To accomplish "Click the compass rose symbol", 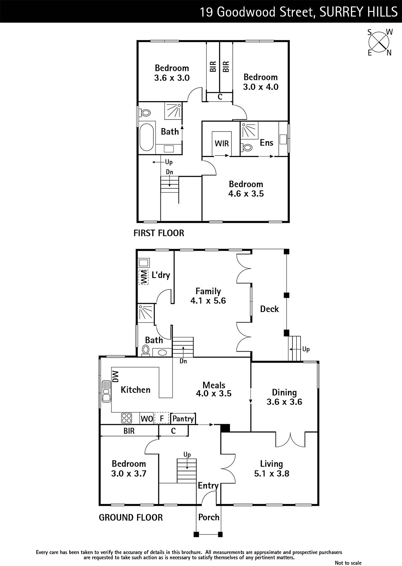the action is click(379, 42).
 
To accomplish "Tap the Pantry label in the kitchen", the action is click(183, 419).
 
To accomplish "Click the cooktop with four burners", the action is click(126, 418).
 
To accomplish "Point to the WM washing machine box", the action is click(143, 277).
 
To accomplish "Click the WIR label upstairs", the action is click(221, 144).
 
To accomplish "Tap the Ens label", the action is click(266, 143).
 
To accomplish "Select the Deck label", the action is click(269, 309).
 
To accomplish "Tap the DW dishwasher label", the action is click(115, 376).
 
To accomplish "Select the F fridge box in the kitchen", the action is click(161, 418).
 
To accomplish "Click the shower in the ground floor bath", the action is click(146, 313).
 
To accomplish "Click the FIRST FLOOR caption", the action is click(159, 233).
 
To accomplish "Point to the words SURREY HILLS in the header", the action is click(358, 12).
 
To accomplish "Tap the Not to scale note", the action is click(348, 563).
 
